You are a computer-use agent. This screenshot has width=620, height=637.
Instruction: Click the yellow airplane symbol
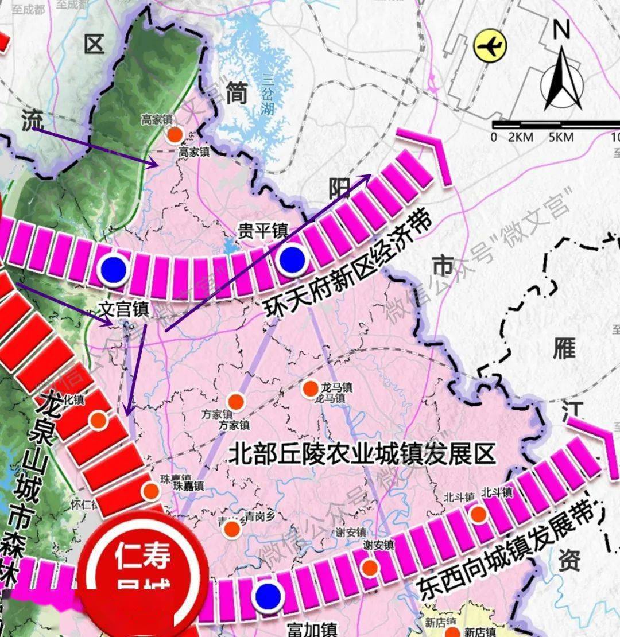(490, 46)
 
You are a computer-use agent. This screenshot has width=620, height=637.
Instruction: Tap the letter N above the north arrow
(561, 29)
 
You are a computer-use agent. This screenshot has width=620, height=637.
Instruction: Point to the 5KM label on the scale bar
(561, 137)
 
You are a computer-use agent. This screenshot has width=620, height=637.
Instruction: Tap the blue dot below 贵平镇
(292, 259)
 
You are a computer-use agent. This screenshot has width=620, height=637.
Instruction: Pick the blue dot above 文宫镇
(113, 267)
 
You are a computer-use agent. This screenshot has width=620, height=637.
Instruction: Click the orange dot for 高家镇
(175, 135)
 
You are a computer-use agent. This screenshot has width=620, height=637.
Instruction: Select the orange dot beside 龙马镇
(310, 389)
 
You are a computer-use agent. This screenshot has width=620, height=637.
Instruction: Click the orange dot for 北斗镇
(478, 514)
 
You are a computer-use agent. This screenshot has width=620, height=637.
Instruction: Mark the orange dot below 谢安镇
(370, 567)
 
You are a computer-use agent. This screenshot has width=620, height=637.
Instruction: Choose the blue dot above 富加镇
(268, 596)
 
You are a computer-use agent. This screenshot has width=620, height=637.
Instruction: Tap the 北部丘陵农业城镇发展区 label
(362, 455)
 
